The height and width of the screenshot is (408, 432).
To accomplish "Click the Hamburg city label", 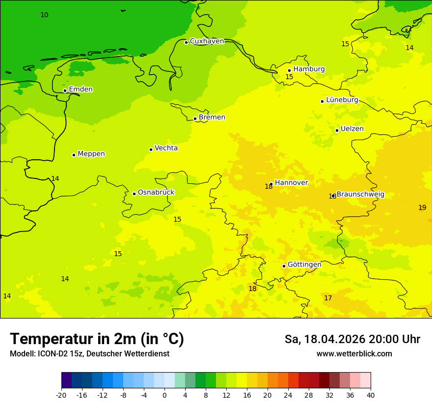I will (309, 69).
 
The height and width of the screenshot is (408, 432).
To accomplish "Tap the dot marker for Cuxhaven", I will (186, 42).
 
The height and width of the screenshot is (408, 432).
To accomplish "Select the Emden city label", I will (81, 89).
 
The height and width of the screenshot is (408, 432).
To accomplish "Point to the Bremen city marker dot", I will (195, 118).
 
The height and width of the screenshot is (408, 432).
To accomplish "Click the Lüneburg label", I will (342, 100).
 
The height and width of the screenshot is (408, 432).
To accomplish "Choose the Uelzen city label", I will (352, 129).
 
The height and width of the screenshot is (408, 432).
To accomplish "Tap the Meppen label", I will (91, 154).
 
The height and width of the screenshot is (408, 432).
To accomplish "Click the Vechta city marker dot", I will (151, 149).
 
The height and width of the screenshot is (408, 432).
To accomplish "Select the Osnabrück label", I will (156, 193).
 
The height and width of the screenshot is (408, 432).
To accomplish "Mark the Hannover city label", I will (291, 183).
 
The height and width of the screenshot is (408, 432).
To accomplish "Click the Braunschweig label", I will (360, 194).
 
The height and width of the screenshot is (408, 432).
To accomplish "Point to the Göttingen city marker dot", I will (284, 266).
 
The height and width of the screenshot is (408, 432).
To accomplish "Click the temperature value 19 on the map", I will (422, 207).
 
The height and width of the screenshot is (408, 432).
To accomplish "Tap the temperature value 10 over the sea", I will (44, 15).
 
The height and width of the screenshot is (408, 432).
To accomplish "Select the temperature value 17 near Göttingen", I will (328, 298).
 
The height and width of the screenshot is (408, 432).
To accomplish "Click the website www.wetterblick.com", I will (354, 353).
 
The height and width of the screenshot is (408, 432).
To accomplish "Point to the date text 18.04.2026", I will (334, 339).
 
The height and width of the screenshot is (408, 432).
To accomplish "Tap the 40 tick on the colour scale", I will (371, 395).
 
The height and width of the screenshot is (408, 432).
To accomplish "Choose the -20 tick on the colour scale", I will (61, 395).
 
